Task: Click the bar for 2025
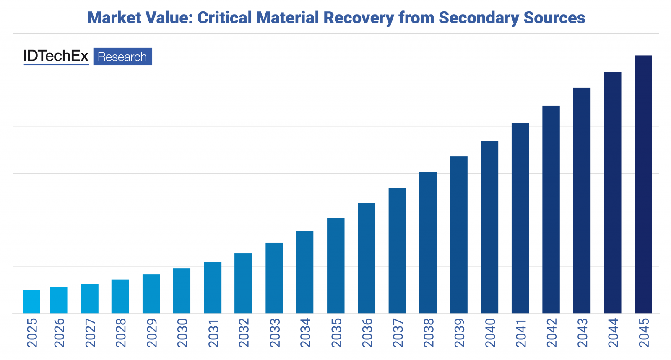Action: point(31,302)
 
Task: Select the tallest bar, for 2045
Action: point(643,184)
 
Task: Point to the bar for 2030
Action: point(182,291)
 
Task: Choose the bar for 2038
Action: point(428,243)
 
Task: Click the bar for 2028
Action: point(120,296)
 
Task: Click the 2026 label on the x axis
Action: point(59,333)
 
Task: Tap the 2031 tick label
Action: point(213,333)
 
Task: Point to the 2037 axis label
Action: point(398,333)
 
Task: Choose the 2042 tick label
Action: point(551,333)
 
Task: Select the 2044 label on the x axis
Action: point(613,333)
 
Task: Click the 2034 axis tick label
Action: point(305,333)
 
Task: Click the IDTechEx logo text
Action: point(56,57)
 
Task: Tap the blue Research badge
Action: point(122,57)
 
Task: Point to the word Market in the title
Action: point(109,18)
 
